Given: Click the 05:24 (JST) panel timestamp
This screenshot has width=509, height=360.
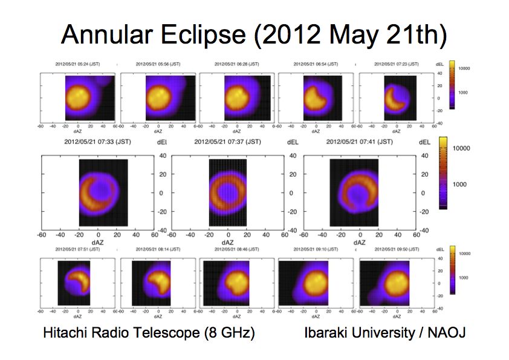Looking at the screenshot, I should pyautogui.click(x=77, y=64).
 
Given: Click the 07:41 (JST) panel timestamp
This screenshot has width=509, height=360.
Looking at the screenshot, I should pyautogui.click(x=361, y=142).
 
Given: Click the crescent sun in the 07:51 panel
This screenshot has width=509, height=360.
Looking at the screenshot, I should pyautogui.click(x=77, y=281).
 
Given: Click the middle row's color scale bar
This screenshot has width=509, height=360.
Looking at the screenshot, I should pyautogui.click(x=443, y=173).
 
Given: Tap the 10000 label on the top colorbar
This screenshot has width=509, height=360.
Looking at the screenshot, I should pyautogui.click(x=464, y=68).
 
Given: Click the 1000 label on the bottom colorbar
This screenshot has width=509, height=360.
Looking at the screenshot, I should pyautogui.click(x=463, y=277).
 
